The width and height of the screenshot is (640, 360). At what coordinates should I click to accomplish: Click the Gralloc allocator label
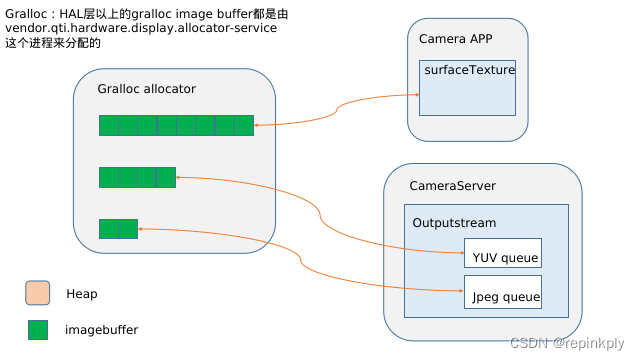pyautogui.click(x=146, y=88)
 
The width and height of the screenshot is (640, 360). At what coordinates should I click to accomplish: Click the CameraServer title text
pyautogui.click(x=452, y=186)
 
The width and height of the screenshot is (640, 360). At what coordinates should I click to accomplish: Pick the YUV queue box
pyautogui.click(x=503, y=253)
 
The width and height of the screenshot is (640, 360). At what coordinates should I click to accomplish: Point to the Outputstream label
pyautogui.click(x=454, y=223)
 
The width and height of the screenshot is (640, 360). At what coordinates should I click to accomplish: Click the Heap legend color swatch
pyautogui.click(x=38, y=293)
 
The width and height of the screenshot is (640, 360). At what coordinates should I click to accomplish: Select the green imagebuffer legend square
pyautogui.click(x=38, y=329)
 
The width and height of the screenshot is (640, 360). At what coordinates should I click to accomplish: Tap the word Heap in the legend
pyautogui.click(x=82, y=294)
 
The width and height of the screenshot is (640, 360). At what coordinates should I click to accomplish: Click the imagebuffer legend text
pyautogui.click(x=101, y=329)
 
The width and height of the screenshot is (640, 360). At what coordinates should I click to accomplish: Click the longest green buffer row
pyautogui.click(x=176, y=125)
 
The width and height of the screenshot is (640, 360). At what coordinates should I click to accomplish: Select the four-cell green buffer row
pyautogui.click(x=137, y=177)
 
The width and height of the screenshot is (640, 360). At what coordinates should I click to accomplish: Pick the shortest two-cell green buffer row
pyautogui.click(x=118, y=229)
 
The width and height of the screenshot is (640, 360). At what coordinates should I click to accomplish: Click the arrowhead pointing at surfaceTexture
pyautogui.click(x=413, y=95)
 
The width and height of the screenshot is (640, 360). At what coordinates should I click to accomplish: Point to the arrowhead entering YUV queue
pyautogui.click(x=460, y=253)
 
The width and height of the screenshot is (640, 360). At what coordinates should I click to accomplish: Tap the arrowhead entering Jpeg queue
pyautogui.click(x=460, y=291)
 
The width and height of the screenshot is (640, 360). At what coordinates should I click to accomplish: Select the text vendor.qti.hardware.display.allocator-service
pyautogui.click(x=139, y=30)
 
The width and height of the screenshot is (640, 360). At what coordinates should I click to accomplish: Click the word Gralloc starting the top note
pyautogui.click(x=24, y=16)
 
